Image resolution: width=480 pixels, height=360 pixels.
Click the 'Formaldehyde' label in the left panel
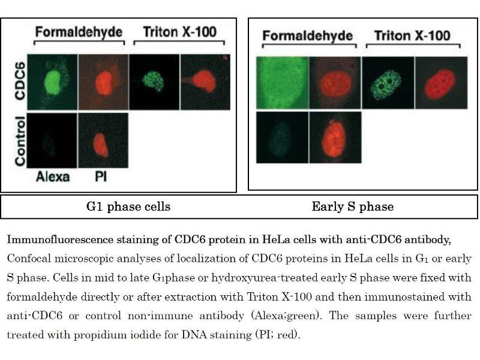pos(78,31)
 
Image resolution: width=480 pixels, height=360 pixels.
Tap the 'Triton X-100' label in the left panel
pos(179,31)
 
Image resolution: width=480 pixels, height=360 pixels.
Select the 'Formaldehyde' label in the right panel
pos(308,36)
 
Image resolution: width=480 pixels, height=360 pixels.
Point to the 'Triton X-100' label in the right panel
pos(412,35)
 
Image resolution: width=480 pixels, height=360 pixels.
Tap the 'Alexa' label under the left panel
pos(52,176)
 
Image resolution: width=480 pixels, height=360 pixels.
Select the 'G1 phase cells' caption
pos(128,207)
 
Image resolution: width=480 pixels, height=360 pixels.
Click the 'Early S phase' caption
pos(352,207)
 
